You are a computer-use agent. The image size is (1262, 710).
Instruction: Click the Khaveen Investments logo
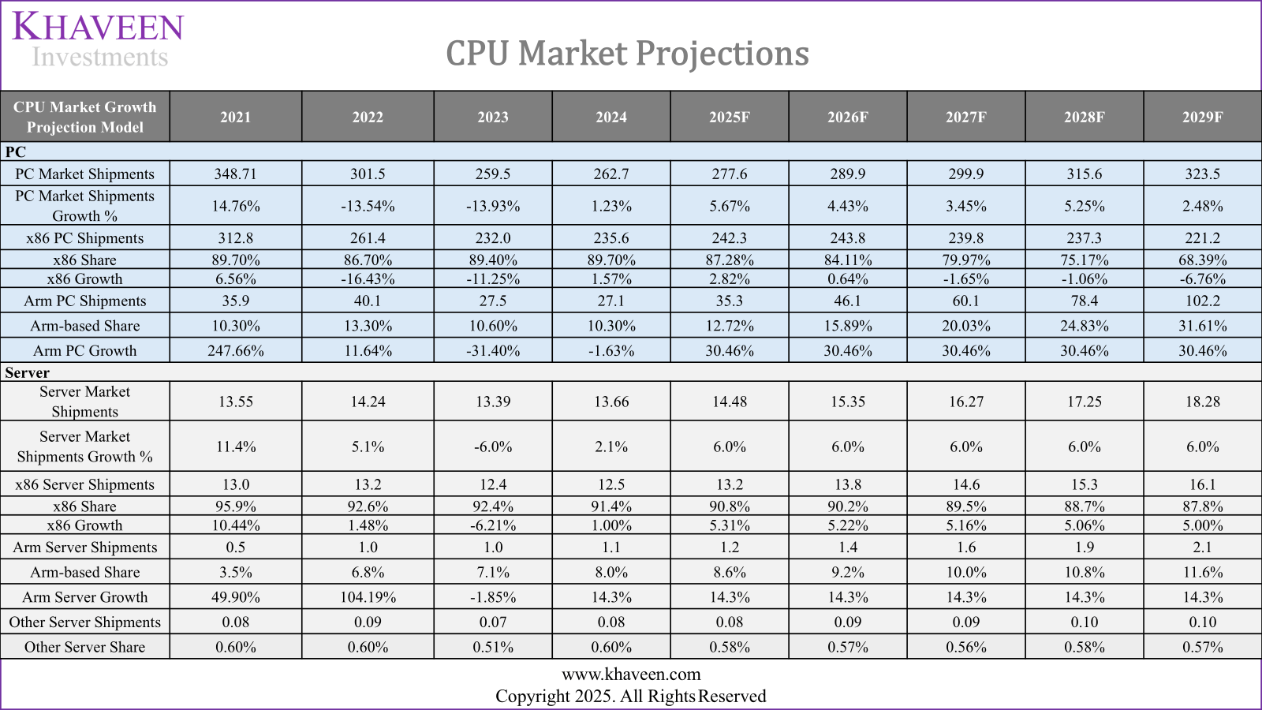coord(99,39)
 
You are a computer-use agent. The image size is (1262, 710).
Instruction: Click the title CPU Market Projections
coord(627,54)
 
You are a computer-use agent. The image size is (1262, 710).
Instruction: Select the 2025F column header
coord(729,117)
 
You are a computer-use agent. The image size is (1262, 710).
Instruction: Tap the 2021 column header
coord(235,117)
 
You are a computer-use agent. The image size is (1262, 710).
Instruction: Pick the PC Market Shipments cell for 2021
coord(235,174)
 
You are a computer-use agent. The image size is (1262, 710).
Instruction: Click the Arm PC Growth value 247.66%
coord(235,350)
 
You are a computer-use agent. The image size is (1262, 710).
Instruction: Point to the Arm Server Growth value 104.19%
coord(368,597)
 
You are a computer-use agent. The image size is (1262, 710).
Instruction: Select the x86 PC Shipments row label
coord(85,237)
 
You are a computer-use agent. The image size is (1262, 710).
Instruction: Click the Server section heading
coord(27,372)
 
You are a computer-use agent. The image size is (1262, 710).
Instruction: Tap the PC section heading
coord(16,151)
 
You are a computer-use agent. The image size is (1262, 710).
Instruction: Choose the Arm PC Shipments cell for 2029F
coord(1202,301)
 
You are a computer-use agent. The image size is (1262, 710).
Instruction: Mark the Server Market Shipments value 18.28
coord(1202,402)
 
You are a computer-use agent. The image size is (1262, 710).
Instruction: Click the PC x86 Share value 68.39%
coord(1202,260)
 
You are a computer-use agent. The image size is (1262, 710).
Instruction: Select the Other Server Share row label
coord(85,647)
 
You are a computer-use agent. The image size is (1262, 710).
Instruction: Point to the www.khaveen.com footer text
coord(631,674)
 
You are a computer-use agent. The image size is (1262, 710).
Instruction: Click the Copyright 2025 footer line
coord(631,696)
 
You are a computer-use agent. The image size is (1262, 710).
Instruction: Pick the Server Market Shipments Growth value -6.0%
coord(493,447)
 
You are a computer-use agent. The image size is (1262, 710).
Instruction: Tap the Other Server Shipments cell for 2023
coord(493,622)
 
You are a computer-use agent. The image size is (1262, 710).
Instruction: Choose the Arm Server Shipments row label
coord(85,547)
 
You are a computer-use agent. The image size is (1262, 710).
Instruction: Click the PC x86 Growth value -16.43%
coord(368,278)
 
